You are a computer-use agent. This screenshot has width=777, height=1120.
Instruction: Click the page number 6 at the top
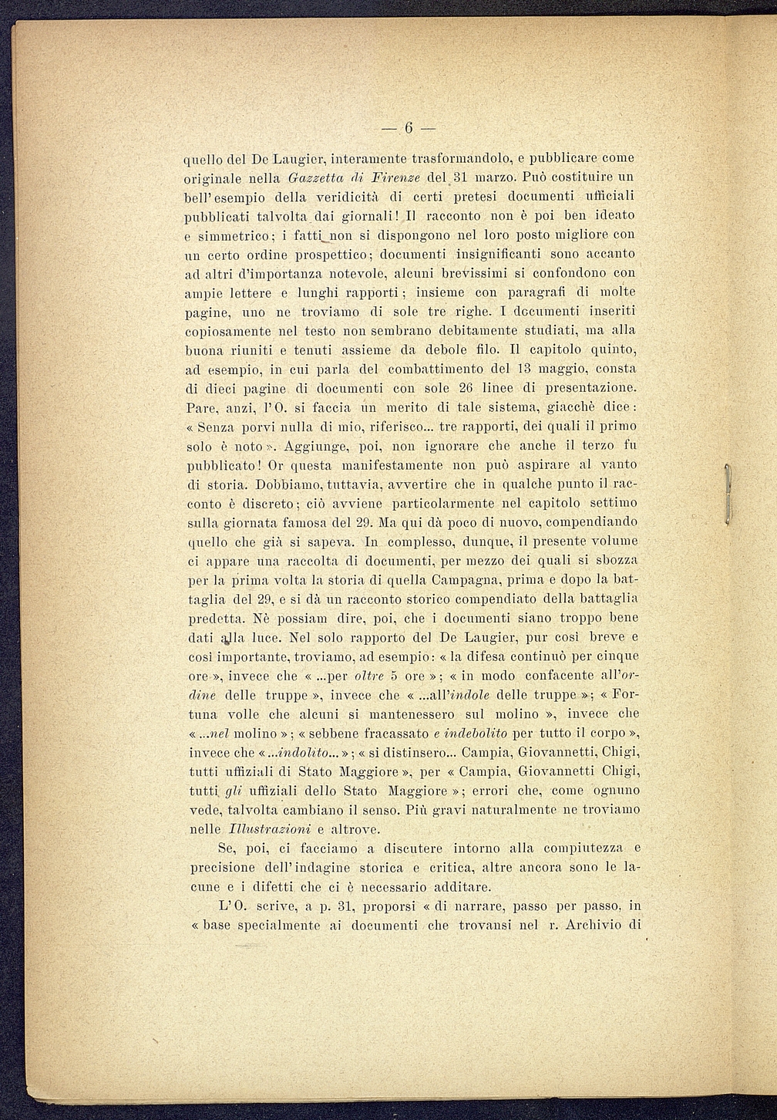pos(408,127)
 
